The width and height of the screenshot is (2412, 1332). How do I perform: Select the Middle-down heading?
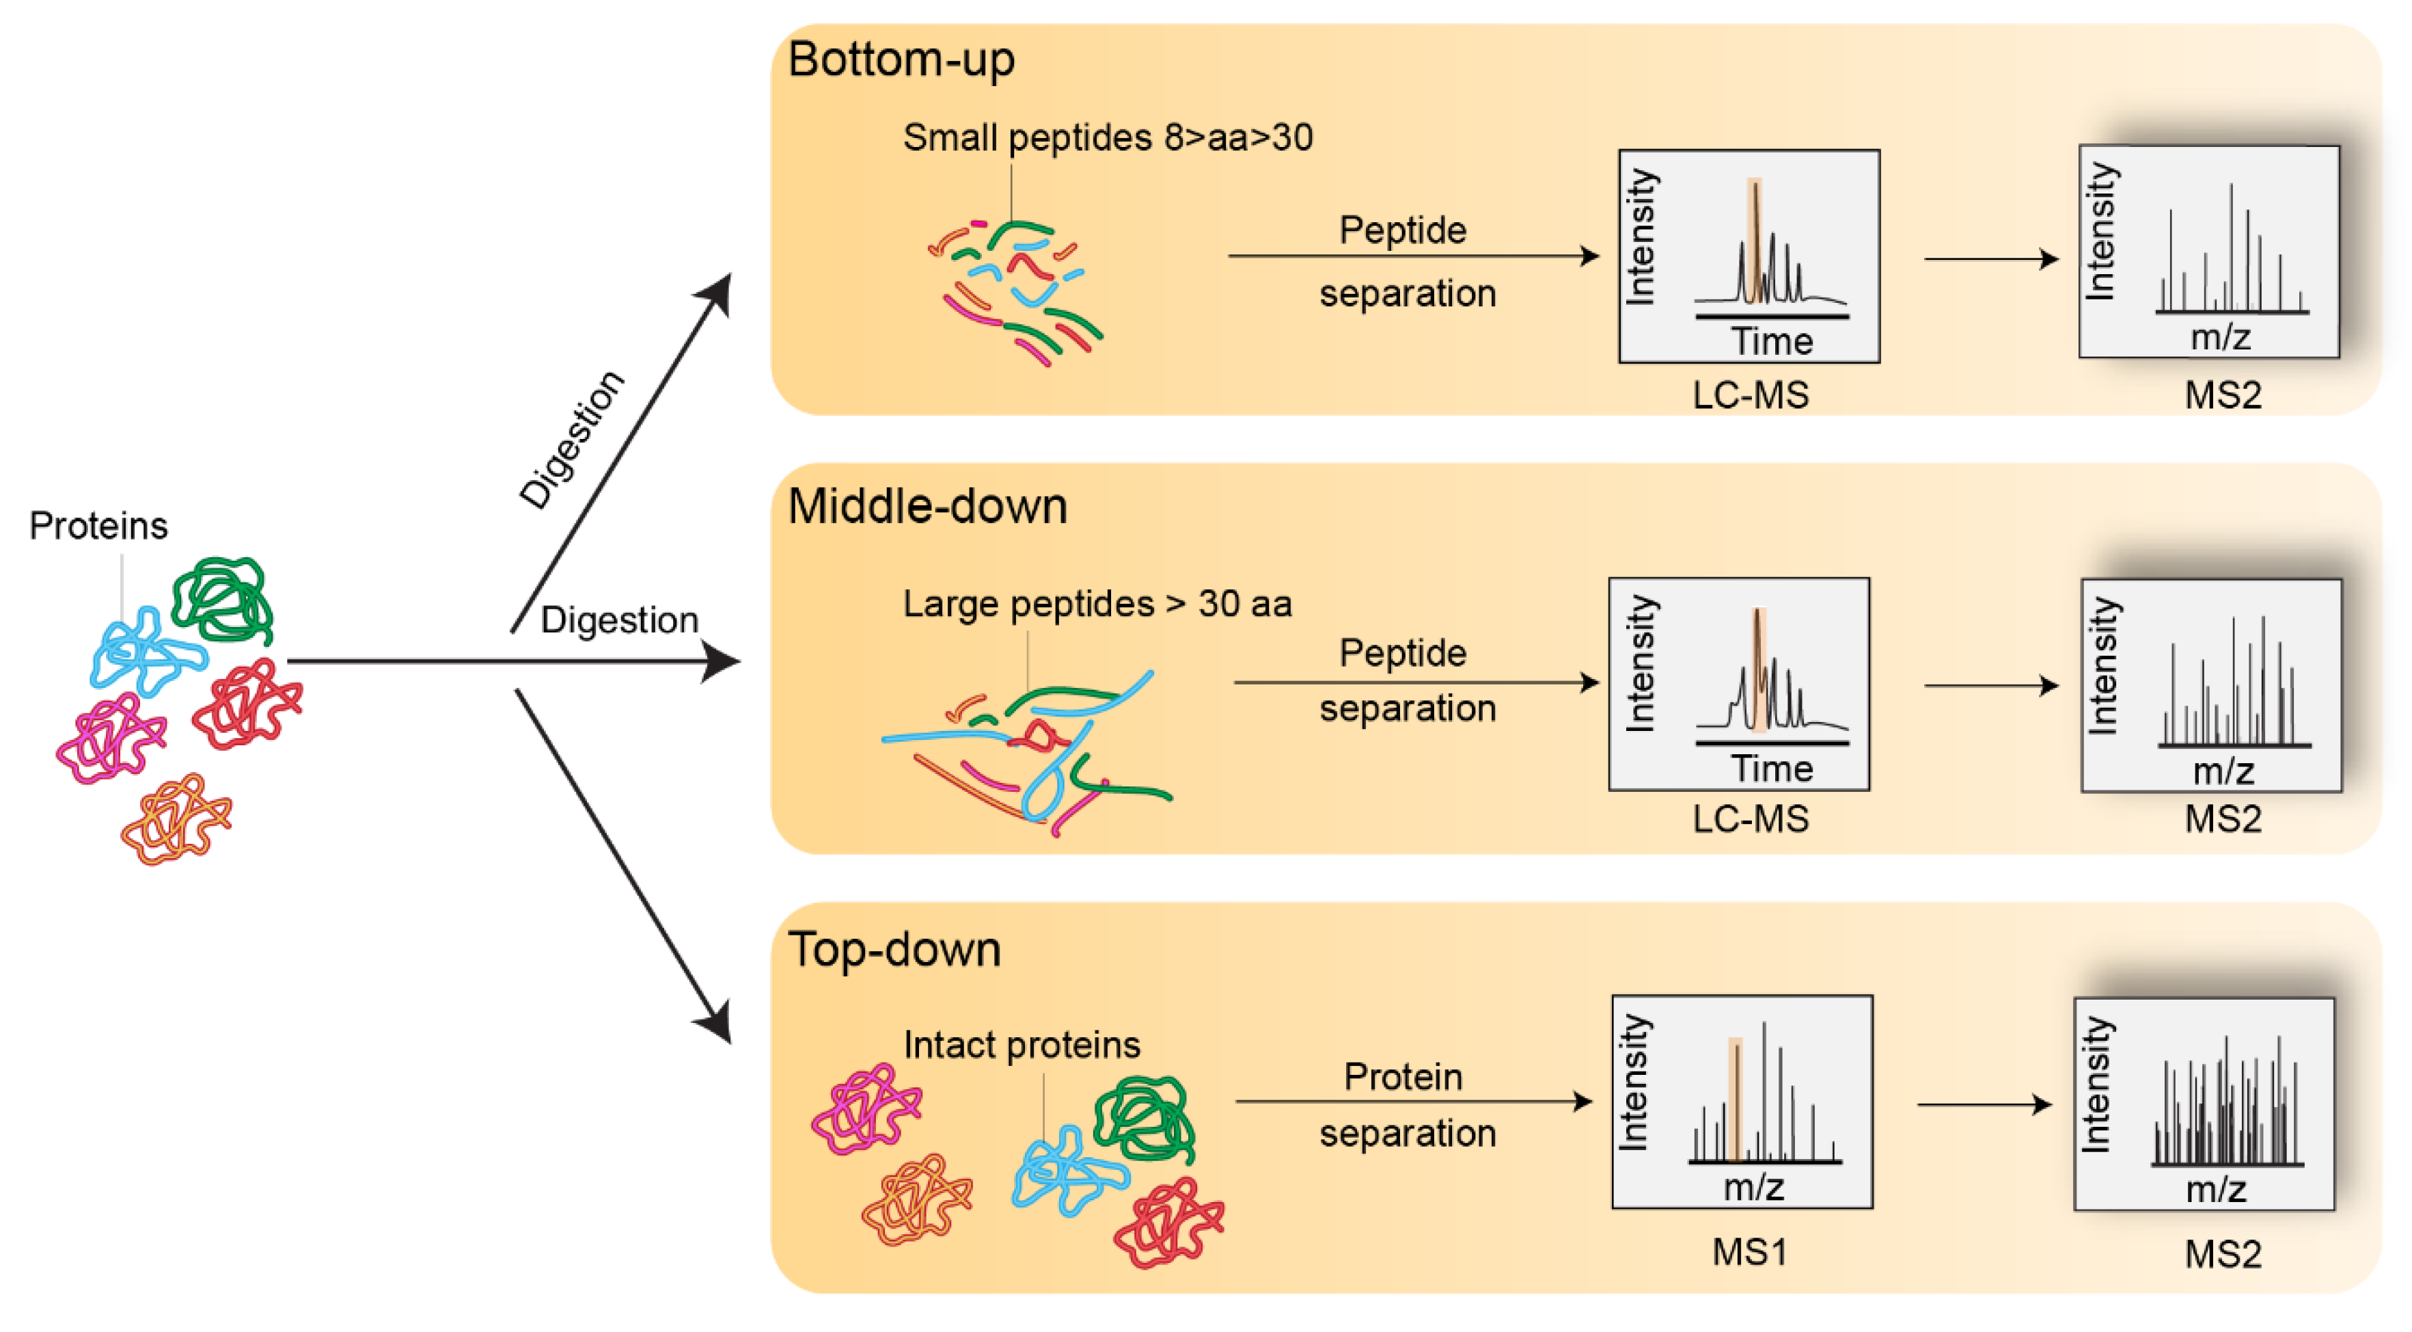coord(927,507)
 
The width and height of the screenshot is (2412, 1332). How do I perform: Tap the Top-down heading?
coord(894,950)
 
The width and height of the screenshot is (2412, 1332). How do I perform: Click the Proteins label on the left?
coord(98,526)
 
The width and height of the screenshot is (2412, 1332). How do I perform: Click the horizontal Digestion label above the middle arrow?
coord(619,620)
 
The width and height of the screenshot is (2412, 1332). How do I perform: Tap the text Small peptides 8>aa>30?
coord(1107,137)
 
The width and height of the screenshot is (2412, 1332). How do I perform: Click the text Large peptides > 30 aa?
coord(1097,604)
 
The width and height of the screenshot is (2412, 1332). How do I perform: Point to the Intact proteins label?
coord(1022,1044)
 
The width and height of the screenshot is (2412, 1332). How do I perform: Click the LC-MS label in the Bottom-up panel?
coord(1750,395)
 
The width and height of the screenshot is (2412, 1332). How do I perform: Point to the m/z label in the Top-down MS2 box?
coord(2215,1190)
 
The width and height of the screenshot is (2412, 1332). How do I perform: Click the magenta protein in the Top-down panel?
coord(865,1109)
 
